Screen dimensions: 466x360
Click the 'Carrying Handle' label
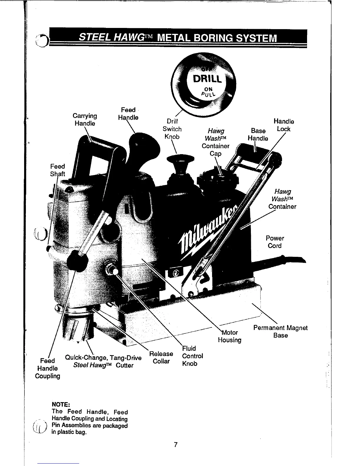click(x=85, y=119)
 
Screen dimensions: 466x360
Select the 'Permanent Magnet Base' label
click(x=280, y=332)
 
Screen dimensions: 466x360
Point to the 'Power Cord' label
click(x=275, y=242)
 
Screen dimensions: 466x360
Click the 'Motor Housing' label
click(x=230, y=336)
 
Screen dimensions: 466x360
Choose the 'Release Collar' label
click(x=161, y=357)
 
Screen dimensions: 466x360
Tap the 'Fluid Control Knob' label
click(x=192, y=356)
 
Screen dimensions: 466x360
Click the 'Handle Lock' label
click(x=284, y=125)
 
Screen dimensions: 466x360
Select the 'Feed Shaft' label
click(x=57, y=170)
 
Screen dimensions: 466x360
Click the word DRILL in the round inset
click(x=206, y=79)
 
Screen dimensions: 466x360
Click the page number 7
click(x=176, y=444)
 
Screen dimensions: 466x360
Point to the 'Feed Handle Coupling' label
click(x=47, y=368)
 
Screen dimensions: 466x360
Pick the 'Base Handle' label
click(x=258, y=134)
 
